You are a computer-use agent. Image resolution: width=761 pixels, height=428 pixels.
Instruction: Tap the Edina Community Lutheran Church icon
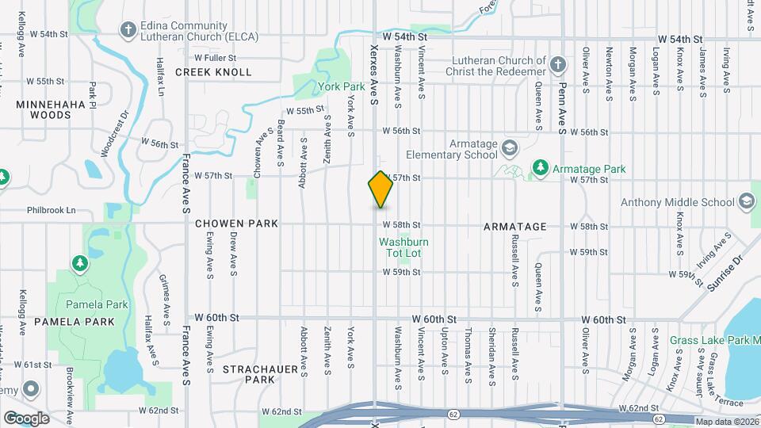[x=127, y=30]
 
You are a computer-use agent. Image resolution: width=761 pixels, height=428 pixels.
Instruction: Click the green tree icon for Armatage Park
[x=540, y=168]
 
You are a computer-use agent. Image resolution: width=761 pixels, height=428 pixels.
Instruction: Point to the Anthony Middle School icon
[x=746, y=202]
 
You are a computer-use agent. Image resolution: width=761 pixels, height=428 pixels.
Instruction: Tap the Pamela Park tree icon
[x=79, y=263]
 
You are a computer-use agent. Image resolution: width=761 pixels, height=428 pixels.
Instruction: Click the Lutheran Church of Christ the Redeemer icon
[x=558, y=65]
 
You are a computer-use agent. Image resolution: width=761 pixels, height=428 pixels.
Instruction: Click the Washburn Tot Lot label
[x=399, y=247]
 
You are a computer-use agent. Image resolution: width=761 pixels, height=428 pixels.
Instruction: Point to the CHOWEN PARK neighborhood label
[x=236, y=224]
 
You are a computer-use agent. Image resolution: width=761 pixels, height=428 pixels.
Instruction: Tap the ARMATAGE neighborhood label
[x=515, y=227]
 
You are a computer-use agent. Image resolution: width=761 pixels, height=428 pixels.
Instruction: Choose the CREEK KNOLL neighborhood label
[x=213, y=72]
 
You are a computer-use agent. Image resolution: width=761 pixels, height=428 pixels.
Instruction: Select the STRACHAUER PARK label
[x=249, y=374]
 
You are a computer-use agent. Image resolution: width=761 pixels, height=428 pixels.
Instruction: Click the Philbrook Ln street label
[x=49, y=211]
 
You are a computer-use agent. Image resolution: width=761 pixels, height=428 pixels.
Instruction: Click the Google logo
[x=26, y=418]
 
